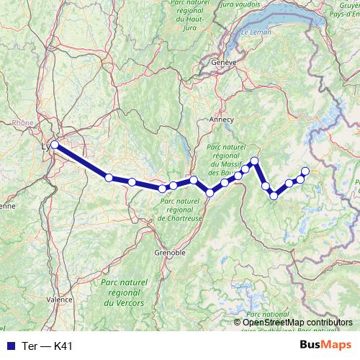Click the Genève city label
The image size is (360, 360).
[x=224, y=63]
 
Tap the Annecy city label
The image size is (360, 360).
[x=222, y=120]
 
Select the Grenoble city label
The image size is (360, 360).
[x=170, y=253]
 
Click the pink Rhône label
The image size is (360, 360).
[x=23, y=123]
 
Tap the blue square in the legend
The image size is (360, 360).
[x=10, y=346]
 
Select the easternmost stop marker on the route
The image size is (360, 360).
[x=305, y=171]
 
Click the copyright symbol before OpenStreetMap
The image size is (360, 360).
[x=238, y=322]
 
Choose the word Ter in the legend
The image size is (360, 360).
[x=30, y=346]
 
